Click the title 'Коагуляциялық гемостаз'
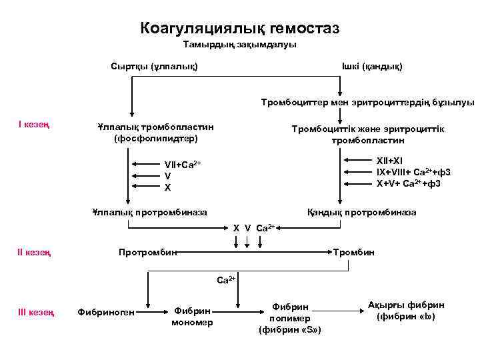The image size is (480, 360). (x=240, y=28)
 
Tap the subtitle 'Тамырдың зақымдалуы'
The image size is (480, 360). (x=240, y=45)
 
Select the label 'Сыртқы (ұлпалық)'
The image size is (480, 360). (x=153, y=67)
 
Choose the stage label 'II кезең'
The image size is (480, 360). (x=35, y=252)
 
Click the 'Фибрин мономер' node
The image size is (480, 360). (x=192, y=317)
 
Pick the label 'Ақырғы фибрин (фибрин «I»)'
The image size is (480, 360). (x=406, y=311)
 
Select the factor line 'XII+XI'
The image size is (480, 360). (x=390, y=161)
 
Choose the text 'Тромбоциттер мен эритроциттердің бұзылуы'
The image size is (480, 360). (x=368, y=103)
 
